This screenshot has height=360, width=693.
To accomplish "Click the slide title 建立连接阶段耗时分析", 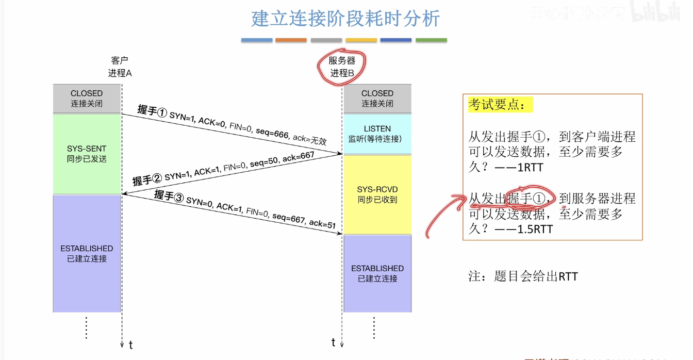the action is (x=345, y=19).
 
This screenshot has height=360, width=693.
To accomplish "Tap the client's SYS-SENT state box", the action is (x=87, y=154).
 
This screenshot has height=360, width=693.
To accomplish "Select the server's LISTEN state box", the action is (x=377, y=134).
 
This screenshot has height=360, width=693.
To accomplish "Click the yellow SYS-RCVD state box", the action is (x=377, y=194).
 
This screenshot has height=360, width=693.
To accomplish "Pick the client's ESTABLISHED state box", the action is (x=87, y=253).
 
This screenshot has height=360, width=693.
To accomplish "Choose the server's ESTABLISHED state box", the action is (x=377, y=273).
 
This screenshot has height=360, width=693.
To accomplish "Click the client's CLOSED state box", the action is (x=87, y=98).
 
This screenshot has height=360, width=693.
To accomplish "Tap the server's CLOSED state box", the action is (x=377, y=98).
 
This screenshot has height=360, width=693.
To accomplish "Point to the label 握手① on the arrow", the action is (x=152, y=111).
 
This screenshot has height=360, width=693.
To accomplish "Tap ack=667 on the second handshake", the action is (x=299, y=158).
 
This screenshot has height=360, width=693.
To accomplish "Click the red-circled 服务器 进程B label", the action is (x=342, y=67).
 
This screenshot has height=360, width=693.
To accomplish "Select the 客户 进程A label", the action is (x=120, y=67).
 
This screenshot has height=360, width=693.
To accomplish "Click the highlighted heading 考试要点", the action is (x=499, y=105).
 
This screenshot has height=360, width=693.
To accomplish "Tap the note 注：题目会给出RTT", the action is (x=523, y=276).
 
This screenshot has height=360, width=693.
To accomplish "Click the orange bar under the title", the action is (x=291, y=40).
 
